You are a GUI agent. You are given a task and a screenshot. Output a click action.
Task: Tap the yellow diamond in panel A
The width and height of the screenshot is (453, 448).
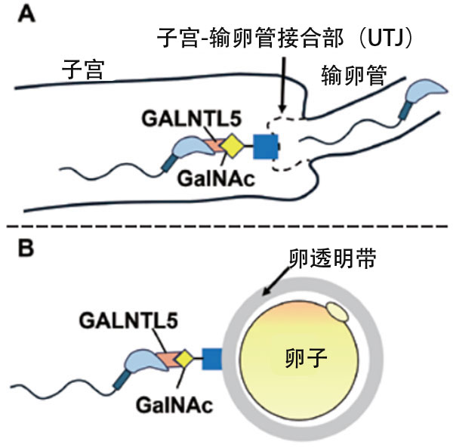coord(230,147)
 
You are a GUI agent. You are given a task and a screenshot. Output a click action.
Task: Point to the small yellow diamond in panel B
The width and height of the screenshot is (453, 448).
coord(185,357)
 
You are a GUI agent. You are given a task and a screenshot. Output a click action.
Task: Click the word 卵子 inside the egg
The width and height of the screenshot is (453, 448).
coord(308,355)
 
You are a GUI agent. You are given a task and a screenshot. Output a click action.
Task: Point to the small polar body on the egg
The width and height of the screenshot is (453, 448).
coord(338,310)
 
